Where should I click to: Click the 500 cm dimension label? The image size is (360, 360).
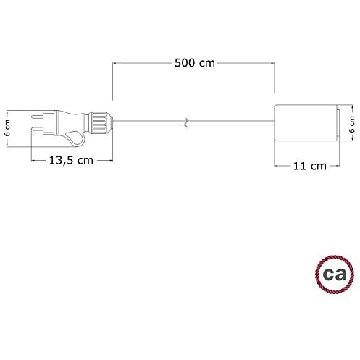[x=195, y=63]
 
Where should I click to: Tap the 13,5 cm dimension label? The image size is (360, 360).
[x=71, y=161]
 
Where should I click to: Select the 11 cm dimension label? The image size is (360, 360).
[x=310, y=166]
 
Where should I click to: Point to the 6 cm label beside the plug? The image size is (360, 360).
[x=7, y=128]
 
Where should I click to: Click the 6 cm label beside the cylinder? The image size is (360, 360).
[x=352, y=125]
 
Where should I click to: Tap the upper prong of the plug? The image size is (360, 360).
[x=38, y=117]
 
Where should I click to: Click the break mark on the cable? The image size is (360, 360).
[x=186, y=122]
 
